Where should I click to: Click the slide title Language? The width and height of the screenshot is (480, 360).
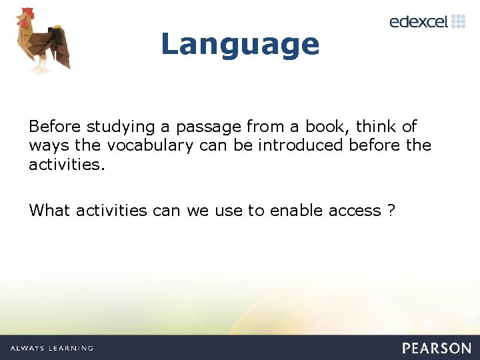(240, 44)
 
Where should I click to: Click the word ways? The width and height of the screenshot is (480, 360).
(48, 146)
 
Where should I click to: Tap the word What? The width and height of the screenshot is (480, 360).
(49, 211)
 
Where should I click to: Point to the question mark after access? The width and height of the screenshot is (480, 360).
(391, 211)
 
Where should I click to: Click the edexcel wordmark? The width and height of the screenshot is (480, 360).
(419, 21)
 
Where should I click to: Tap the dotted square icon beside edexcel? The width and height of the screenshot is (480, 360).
(458, 21)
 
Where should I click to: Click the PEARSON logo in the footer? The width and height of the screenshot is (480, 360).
(437, 347)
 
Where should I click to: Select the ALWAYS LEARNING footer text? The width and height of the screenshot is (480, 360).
(52, 348)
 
